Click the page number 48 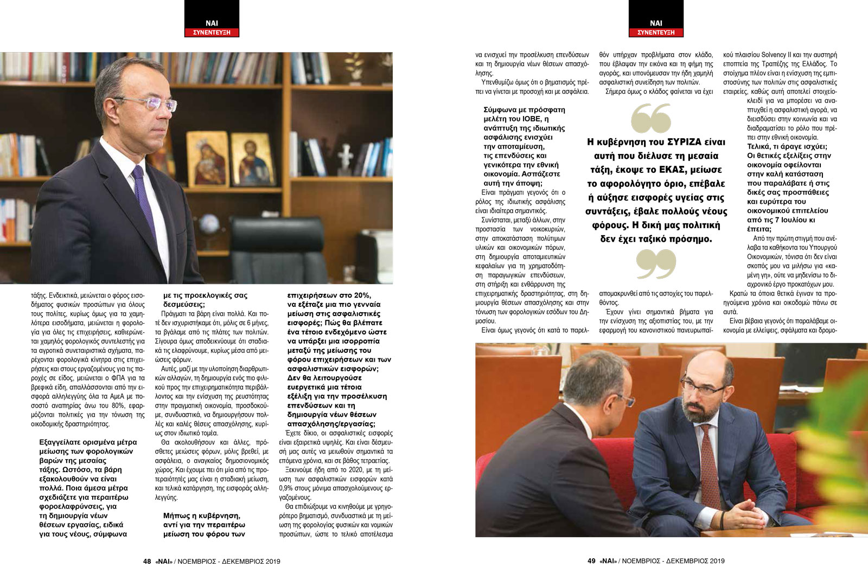147,561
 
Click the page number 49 591,561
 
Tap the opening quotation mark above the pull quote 651,118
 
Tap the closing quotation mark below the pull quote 656,264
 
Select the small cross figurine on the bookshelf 345,157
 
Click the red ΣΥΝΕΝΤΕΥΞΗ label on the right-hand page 656,33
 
